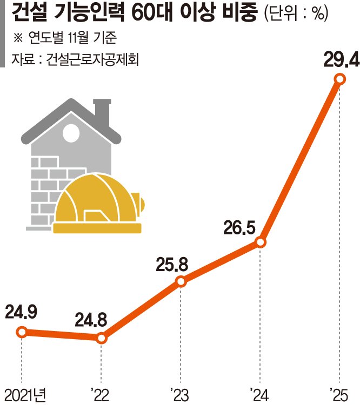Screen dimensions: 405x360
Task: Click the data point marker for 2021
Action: point(22,332)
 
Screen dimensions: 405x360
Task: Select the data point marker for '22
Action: point(102,339)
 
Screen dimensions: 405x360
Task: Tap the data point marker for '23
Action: point(181,281)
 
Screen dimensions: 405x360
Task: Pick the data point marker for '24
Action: point(261,242)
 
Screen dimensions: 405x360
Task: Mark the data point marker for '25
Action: point(339,79)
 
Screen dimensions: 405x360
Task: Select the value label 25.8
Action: point(171,264)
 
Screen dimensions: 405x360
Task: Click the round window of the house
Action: point(71,133)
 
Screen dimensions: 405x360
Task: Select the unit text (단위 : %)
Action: point(296,15)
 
